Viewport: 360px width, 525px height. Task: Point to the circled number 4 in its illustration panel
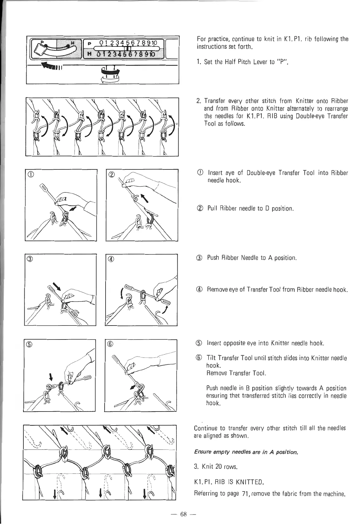[x=111, y=260]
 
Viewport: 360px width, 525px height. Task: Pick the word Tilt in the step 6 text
[x=211, y=358]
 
